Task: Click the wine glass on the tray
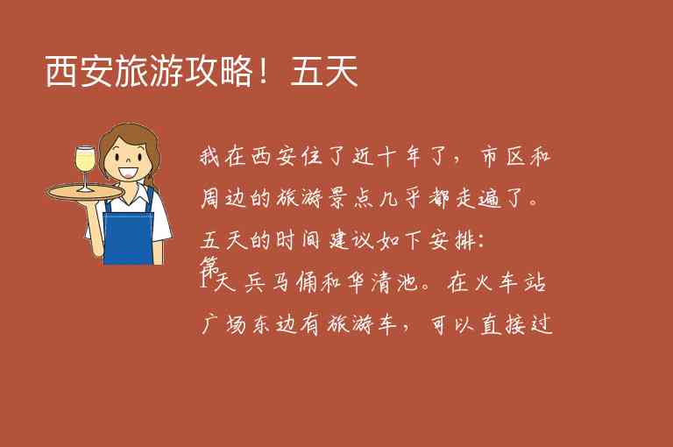(85, 166)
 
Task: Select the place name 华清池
(376, 284)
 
